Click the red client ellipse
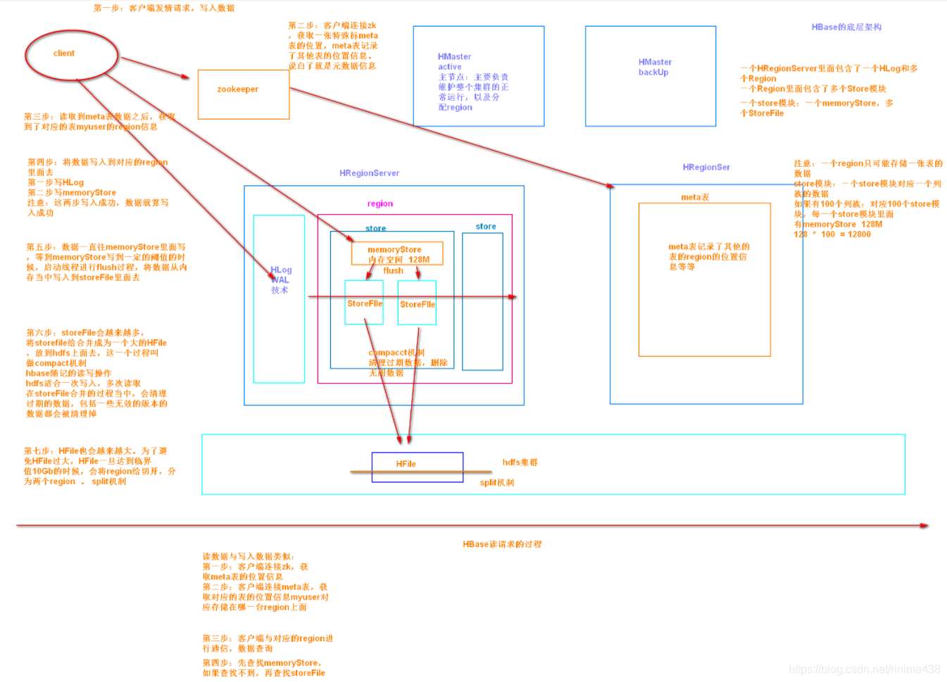tap(71, 54)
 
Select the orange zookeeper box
tap(243, 94)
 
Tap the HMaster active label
tap(454, 61)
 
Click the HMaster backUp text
tap(655, 67)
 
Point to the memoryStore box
tap(397, 253)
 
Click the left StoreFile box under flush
tap(364, 303)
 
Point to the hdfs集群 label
tap(520, 462)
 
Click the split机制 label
tap(496, 483)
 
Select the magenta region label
tap(380, 203)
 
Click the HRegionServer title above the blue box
tap(369, 173)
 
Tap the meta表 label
tap(694, 197)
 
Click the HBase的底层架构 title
tap(846, 27)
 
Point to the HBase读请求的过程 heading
tap(502, 544)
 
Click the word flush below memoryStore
tap(393, 271)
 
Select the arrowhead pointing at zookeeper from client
tap(185, 77)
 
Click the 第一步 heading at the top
tap(163, 8)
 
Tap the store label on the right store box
tap(485, 227)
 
